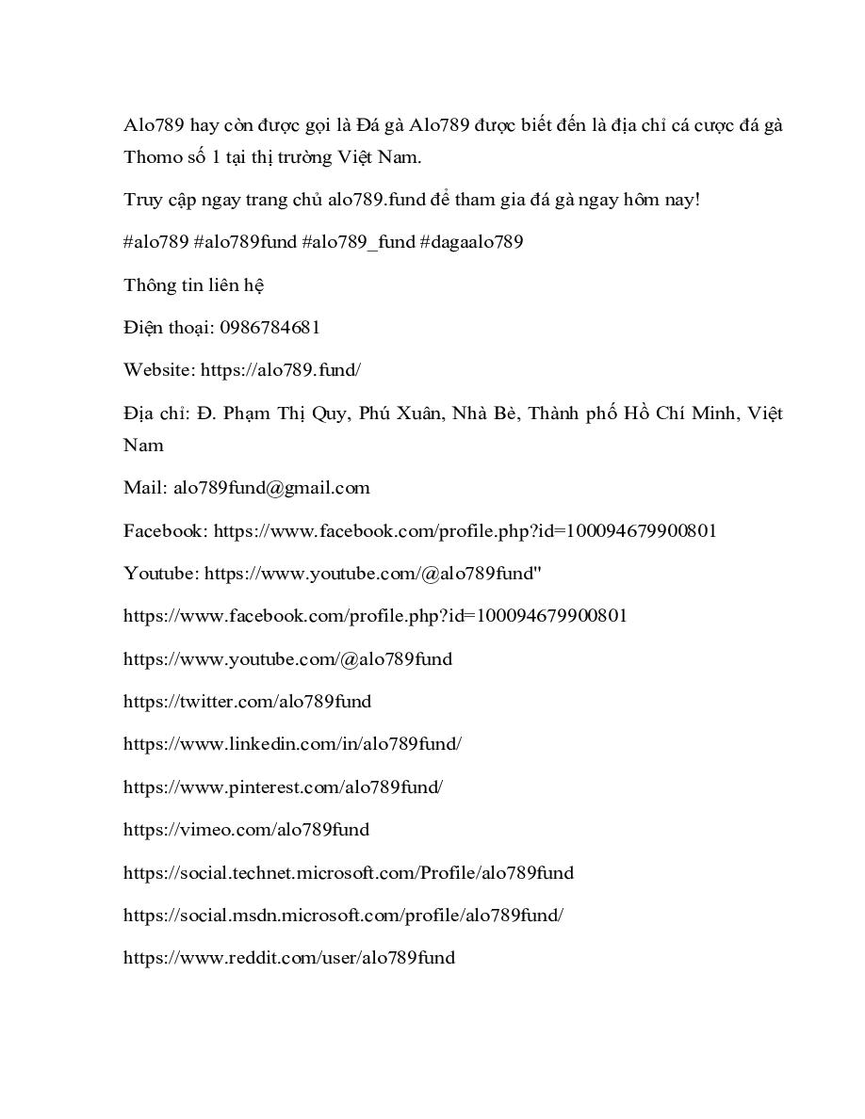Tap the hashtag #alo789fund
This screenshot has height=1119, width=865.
point(245,242)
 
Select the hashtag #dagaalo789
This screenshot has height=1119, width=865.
point(471,242)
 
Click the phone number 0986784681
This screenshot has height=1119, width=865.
point(269,328)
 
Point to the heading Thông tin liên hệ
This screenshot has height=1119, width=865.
point(193,284)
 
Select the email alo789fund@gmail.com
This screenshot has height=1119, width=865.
point(271,488)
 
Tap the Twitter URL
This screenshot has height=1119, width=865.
point(247,701)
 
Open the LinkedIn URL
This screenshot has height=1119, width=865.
point(292,743)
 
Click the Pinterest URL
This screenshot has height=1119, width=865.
point(283,787)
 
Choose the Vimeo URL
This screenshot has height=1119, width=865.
point(246,829)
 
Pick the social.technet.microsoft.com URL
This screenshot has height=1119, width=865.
point(348,872)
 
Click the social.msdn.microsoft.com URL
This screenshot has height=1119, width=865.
point(343,915)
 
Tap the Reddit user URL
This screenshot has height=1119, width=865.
point(288,957)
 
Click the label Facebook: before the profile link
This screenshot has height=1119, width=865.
point(166,530)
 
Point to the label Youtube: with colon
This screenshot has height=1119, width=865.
point(161,573)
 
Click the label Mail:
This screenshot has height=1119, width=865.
point(145,488)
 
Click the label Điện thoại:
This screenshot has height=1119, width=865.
point(169,328)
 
